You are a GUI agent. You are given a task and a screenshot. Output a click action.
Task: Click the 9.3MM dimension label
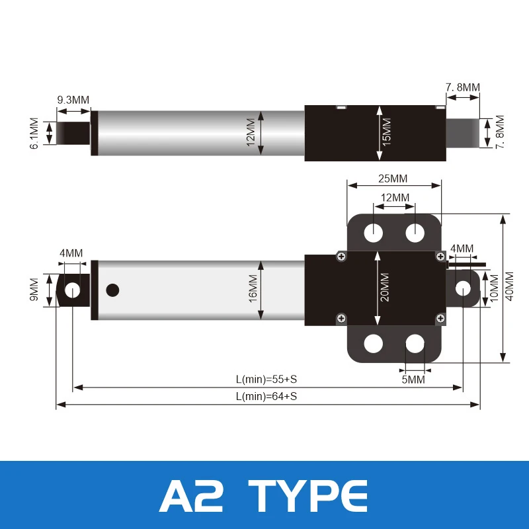click(73, 100)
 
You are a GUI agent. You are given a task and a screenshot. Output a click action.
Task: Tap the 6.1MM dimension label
click(34, 134)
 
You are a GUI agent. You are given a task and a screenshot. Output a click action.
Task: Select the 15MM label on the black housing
click(387, 132)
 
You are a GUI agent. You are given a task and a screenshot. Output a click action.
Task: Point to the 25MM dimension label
click(393, 179)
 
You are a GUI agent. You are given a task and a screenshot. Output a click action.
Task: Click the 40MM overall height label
click(509, 286)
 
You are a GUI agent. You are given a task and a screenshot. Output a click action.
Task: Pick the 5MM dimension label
click(413, 380)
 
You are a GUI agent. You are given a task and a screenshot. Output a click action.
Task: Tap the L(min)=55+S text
click(266, 379)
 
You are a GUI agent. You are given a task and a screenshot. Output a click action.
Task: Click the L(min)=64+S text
click(266, 396)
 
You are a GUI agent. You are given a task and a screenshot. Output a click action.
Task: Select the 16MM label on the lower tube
click(253, 288)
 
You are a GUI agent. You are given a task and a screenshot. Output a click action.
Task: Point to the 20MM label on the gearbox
click(385, 288)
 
